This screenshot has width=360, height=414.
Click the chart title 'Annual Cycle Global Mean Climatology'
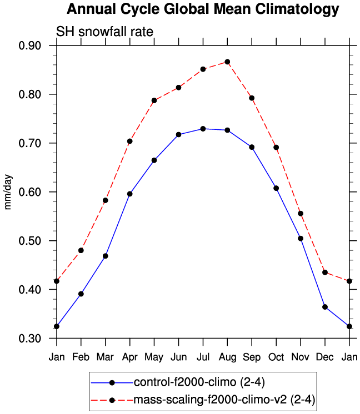point(203,9)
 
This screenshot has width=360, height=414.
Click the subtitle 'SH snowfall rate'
point(104,32)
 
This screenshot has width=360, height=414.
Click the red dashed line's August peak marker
point(227,62)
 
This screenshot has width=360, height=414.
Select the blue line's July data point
point(203,129)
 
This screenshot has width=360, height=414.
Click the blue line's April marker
point(129,194)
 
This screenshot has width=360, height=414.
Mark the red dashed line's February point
point(81,250)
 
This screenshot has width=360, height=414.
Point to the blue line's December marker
point(324,307)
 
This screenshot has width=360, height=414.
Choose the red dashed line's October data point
point(276,148)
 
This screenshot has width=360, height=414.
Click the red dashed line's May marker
point(154,100)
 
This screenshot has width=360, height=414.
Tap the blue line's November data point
point(301,239)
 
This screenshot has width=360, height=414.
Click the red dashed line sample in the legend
point(112,399)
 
